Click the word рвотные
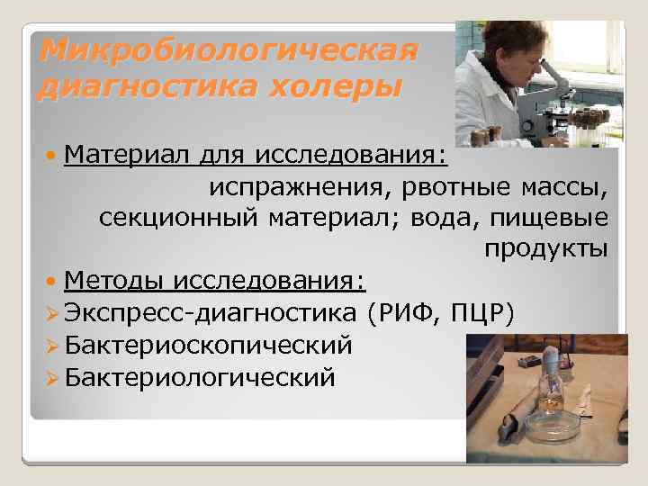[445, 189]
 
